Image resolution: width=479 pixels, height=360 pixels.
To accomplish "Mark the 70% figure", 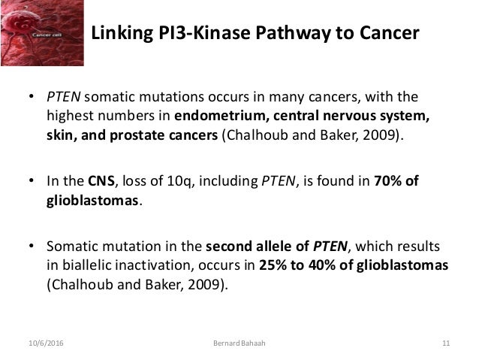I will coord(387,180).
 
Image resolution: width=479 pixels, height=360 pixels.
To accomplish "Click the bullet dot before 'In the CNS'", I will coord(32,181).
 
